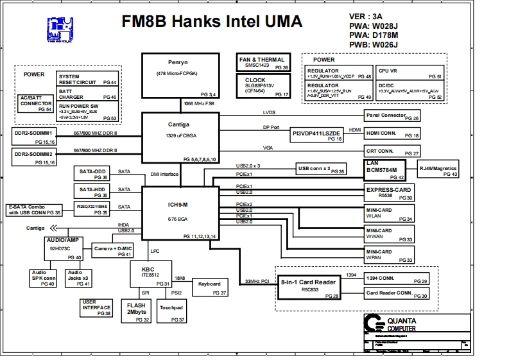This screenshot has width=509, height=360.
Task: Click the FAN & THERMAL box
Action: point(262,63)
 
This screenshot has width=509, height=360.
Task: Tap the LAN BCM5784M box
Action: point(386,169)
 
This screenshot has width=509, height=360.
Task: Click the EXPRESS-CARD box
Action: point(388,193)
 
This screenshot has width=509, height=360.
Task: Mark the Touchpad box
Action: point(171,311)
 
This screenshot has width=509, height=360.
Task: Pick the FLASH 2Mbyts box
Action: point(136,311)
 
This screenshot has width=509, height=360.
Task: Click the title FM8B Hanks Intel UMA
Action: point(212,22)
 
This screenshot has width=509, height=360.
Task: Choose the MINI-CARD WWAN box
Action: point(388,234)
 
